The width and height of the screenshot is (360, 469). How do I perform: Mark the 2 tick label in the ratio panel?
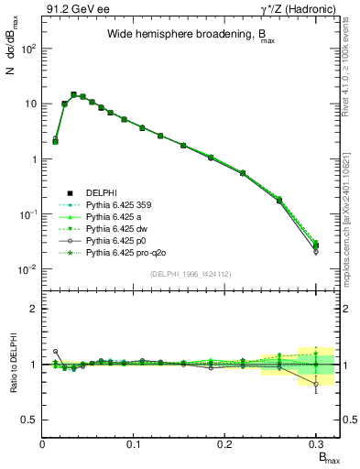[x=34, y=309]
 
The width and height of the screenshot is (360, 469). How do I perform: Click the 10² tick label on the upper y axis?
[x=27, y=49]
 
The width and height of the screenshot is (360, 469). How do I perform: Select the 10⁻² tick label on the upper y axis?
[x=27, y=269]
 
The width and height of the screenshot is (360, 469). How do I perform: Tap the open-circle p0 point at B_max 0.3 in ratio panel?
[x=316, y=384]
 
